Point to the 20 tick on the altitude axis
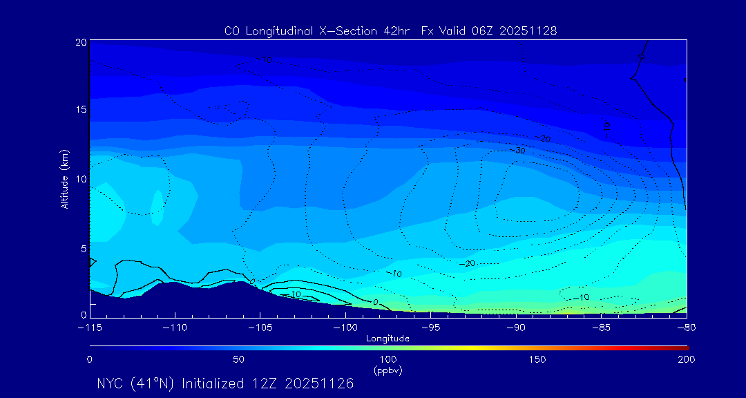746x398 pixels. [80, 42]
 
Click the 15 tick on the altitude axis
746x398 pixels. [80, 110]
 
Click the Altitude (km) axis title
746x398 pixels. [64, 179]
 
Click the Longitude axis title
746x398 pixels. [388, 339]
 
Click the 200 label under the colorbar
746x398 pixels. [686, 359]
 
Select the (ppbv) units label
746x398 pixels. [388, 370]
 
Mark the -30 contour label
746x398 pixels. [517, 151]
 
